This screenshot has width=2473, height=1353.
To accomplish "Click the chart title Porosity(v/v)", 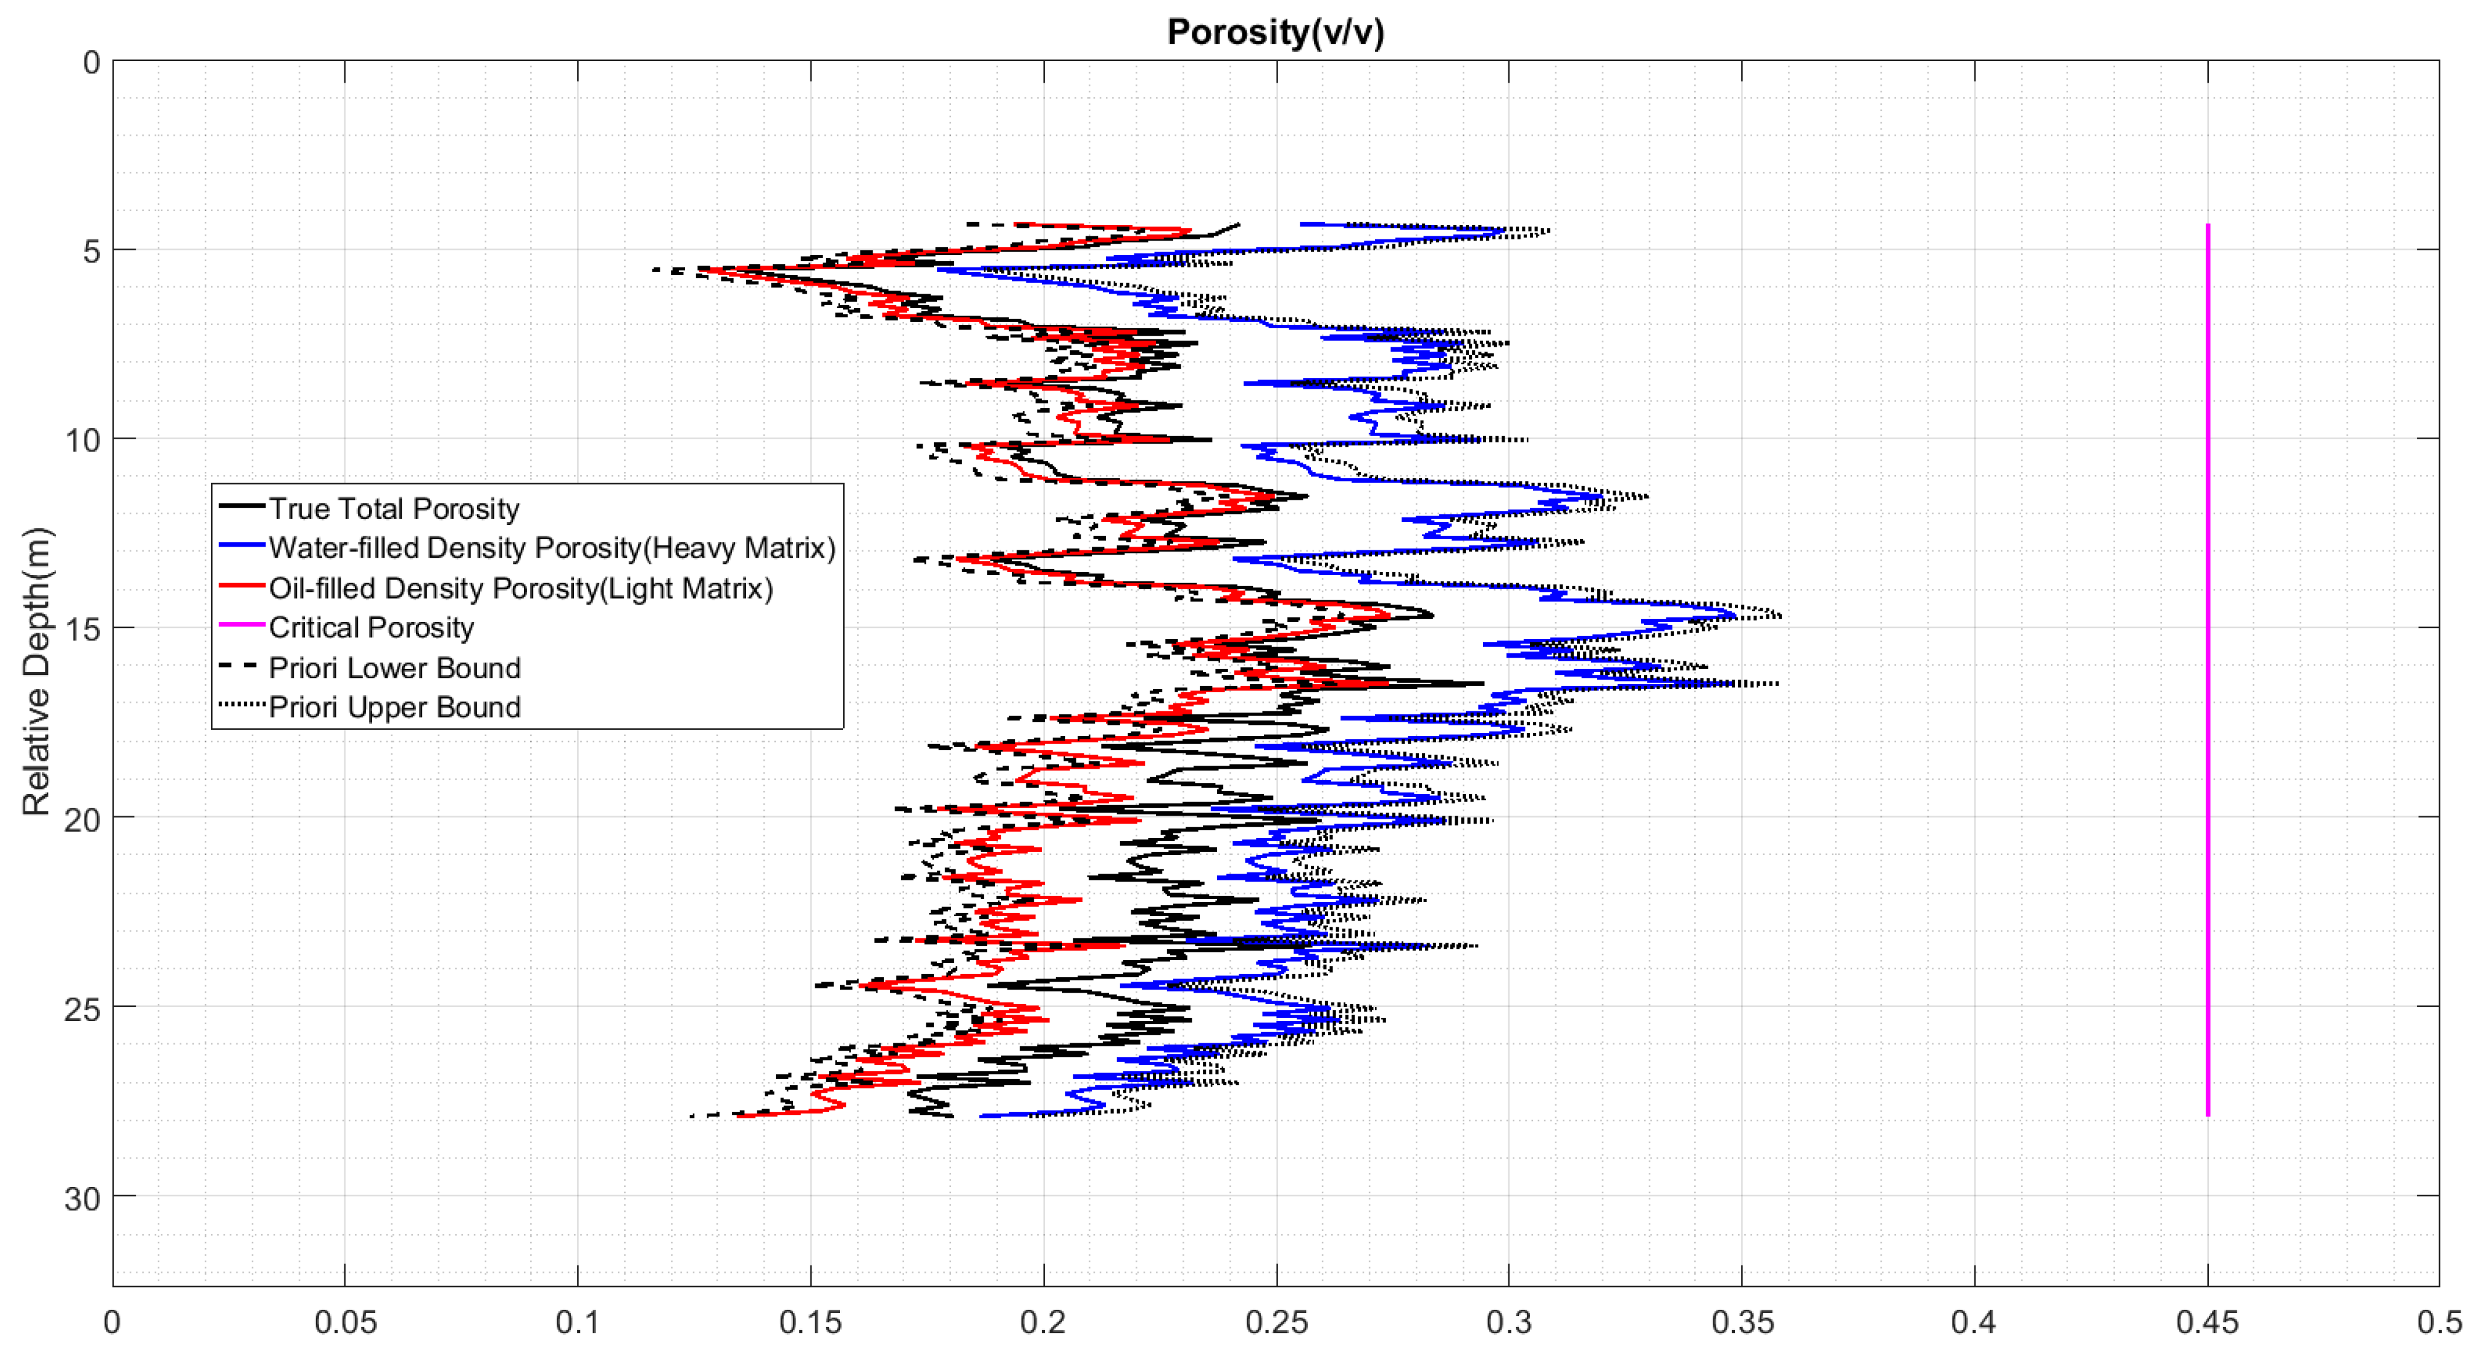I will point(1275,33).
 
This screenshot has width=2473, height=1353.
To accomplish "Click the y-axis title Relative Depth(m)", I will point(36,672).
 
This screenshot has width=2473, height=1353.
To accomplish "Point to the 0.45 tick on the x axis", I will point(2207,1322).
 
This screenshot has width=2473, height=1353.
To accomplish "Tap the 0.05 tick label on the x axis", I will point(344,1322).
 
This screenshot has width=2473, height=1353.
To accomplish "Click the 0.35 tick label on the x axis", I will point(1742,1322).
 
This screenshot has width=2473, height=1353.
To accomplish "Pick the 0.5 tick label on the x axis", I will point(2438,1322).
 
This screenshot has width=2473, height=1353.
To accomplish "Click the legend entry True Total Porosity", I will point(394,508).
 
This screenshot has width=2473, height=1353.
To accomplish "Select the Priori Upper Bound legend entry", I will point(394,706).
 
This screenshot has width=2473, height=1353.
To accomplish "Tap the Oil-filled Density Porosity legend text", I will point(520,587).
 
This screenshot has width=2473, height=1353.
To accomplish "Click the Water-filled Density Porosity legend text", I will point(551,547).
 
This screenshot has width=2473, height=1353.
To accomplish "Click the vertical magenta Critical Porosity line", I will point(2207,672).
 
